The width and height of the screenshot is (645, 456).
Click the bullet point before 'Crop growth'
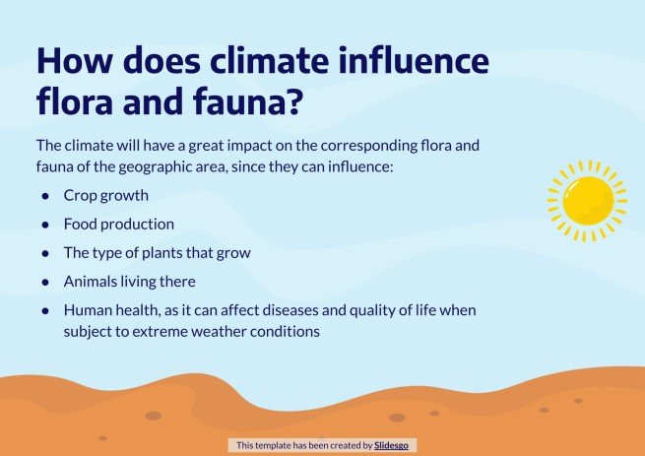[44, 196]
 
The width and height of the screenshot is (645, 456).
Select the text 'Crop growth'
[105, 196]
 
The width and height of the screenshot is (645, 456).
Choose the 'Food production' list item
[118, 225]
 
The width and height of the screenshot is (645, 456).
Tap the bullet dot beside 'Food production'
[44, 225]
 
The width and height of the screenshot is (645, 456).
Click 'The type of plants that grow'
[157, 253]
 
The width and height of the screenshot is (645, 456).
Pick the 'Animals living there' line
[129, 282]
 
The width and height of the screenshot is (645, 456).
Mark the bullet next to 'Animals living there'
[44, 282]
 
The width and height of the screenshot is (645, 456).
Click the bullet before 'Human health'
[44, 310]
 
